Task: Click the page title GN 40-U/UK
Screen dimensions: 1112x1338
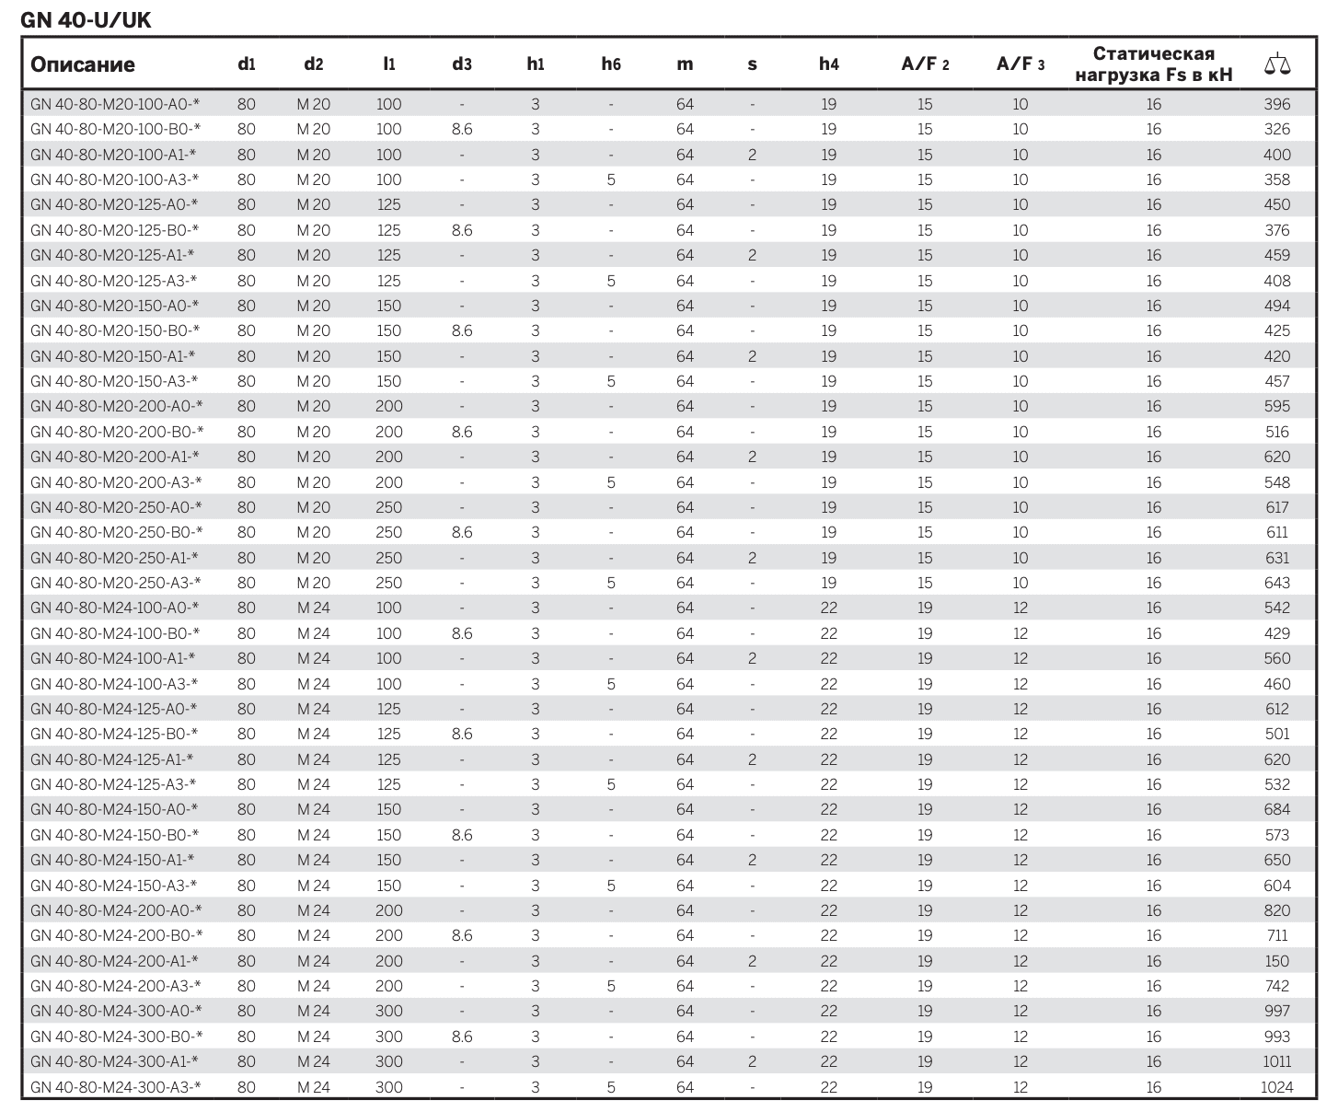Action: point(86,19)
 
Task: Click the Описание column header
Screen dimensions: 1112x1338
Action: point(83,64)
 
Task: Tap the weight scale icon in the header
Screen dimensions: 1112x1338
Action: point(1277,64)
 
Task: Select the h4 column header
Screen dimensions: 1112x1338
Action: point(828,64)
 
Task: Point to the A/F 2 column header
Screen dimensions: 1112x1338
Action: point(925,64)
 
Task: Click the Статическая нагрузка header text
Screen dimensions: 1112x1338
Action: point(1153,64)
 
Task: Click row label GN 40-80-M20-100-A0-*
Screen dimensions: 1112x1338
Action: point(115,104)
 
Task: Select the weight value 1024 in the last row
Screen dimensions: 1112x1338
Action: point(1276,1087)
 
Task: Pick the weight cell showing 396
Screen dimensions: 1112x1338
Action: point(1276,104)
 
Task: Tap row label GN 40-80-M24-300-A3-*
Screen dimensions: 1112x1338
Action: point(116,1087)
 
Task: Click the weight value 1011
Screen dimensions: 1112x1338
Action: point(1276,1061)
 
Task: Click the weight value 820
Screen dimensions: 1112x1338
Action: point(1276,910)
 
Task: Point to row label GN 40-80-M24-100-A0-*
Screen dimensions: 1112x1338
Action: point(115,608)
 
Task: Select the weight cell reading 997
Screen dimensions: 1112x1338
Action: point(1276,1011)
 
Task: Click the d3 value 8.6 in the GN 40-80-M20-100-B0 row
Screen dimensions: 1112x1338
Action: point(462,130)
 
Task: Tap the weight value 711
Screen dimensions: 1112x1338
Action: point(1276,935)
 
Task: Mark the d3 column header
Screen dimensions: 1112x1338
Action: point(462,64)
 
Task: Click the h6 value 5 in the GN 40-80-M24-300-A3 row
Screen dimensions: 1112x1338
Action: point(611,1087)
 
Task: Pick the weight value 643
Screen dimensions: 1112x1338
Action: point(1276,583)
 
